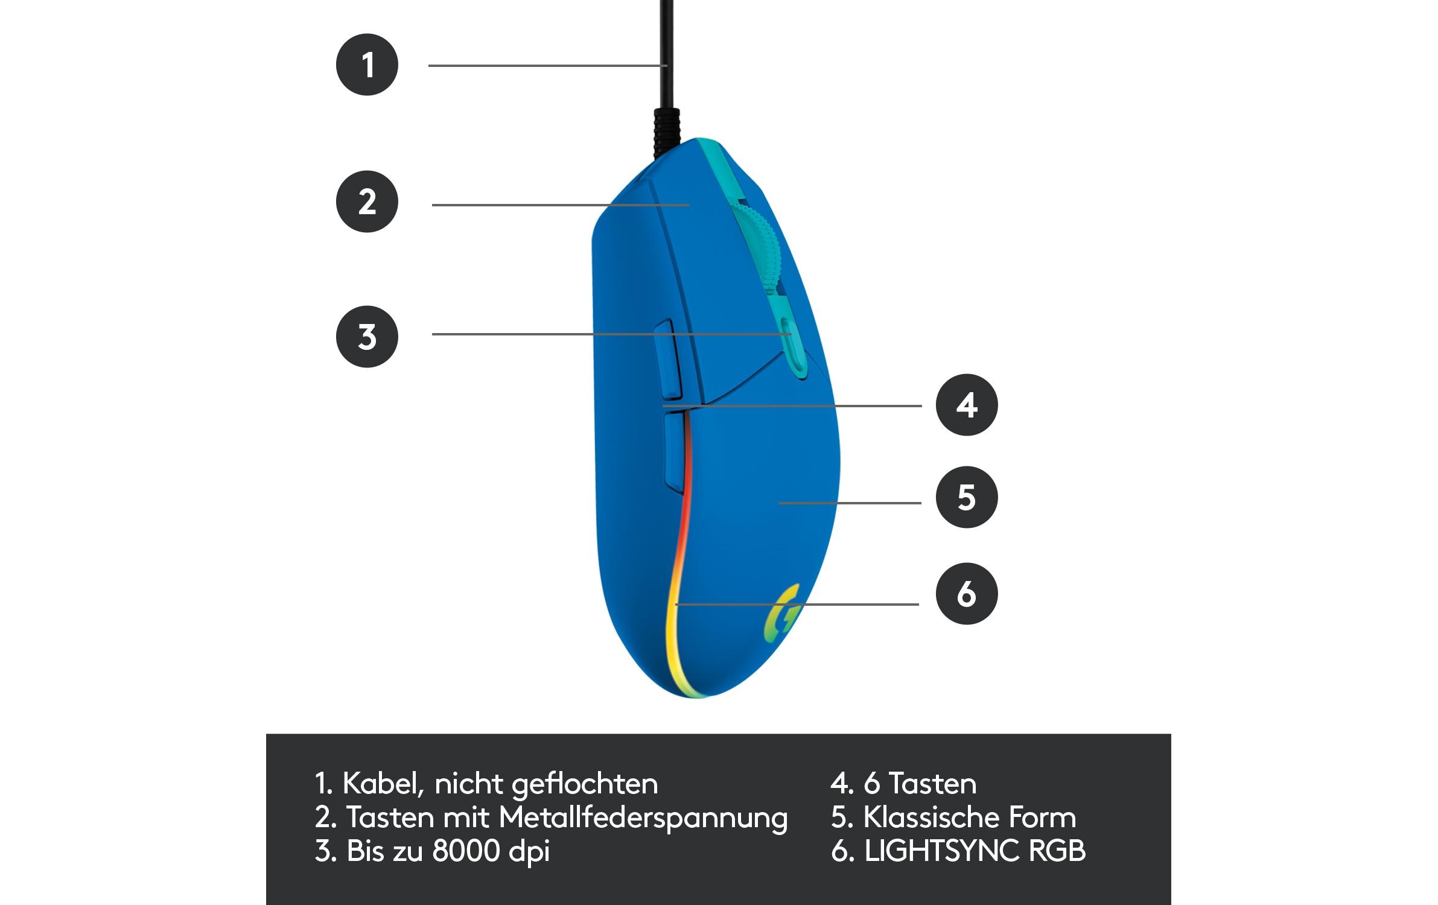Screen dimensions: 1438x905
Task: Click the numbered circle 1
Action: click(367, 65)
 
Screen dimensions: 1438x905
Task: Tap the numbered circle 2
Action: click(367, 202)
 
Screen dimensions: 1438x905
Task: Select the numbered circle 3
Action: click(367, 337)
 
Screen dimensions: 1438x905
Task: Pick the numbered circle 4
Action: click(967, 405)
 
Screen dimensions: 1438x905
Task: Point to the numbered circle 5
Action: click(967, 497)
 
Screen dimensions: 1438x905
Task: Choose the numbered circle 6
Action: click(967, 594)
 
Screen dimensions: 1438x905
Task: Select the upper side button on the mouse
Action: click(668, 360)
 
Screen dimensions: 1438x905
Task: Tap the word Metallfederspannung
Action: click(643, 819)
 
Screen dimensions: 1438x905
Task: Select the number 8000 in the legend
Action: click(466, 851)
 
